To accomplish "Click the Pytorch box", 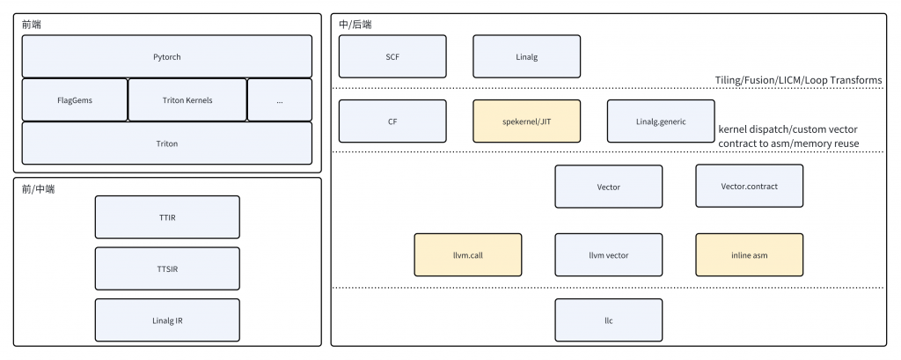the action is (166, 56).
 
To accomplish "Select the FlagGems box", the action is (75, 100).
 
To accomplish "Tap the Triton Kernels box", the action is (187, 100).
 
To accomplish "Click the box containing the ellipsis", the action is (280, 100).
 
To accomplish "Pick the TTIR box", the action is (167, 217).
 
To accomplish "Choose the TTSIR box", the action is (167, 268).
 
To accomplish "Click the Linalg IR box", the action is (167, 320).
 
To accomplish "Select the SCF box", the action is (392, 56).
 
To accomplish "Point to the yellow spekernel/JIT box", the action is (527, 121).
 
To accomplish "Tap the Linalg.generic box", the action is (661, 121).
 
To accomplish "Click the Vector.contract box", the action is (750, 187).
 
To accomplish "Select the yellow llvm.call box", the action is (468, 254).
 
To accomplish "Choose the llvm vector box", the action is (609, 254).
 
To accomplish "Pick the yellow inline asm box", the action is (750, 254).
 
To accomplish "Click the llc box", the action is (609, 320).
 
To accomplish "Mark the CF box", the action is (392, 121).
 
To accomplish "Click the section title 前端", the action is (32, 25).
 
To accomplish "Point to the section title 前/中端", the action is (39, 188).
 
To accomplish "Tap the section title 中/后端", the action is (355, 25).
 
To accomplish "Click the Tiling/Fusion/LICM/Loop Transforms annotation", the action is (799, 80).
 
